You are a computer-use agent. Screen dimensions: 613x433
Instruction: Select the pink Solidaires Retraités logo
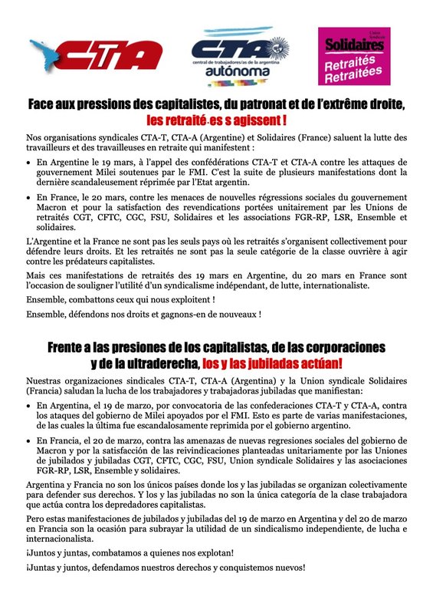353,56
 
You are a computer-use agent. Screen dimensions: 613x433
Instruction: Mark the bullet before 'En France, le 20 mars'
29,198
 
